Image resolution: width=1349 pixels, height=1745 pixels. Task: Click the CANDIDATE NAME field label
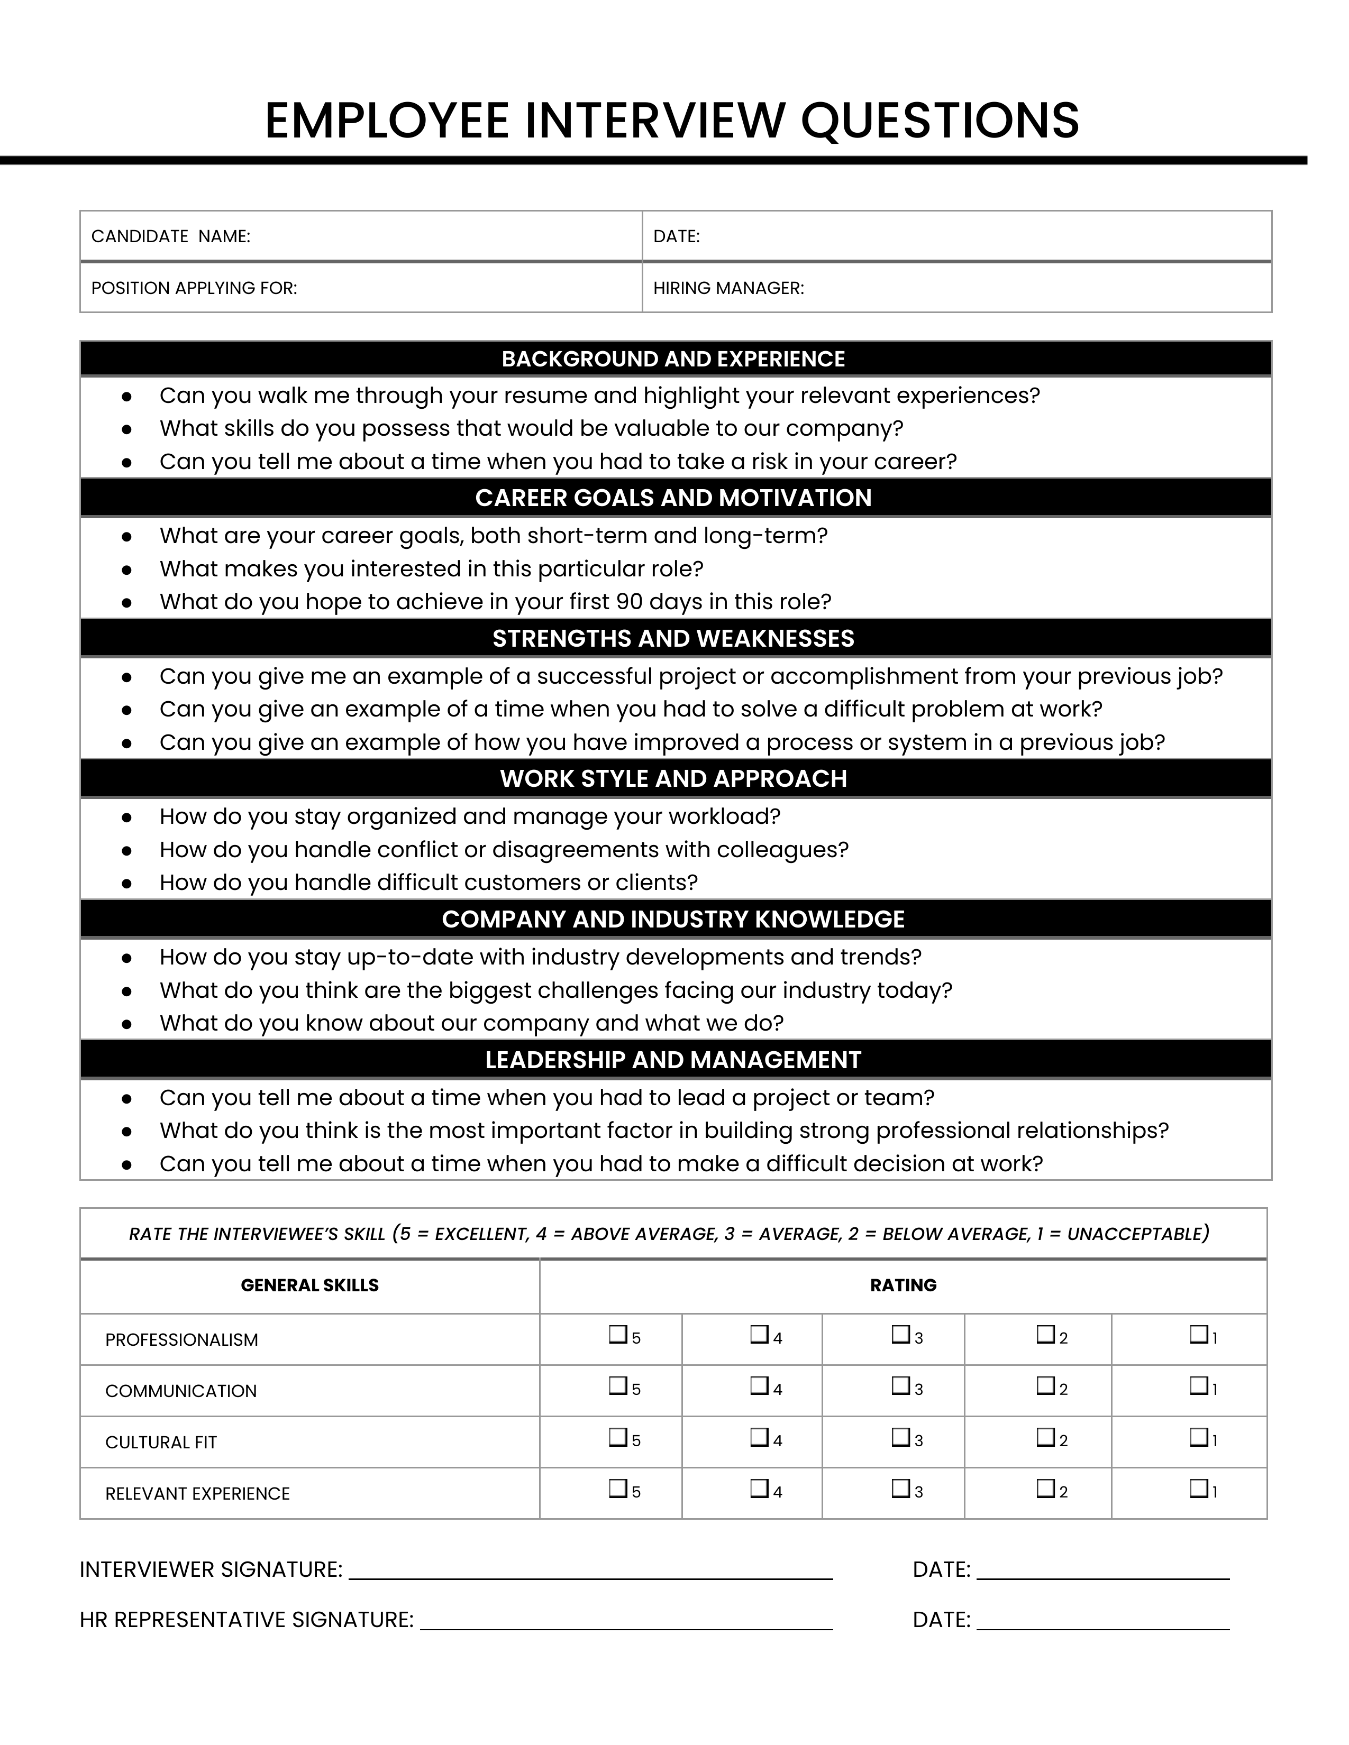coord(170,236)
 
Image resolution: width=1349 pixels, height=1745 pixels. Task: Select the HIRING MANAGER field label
coord(728,288)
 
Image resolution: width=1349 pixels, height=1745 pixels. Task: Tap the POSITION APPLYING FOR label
coord(194,288)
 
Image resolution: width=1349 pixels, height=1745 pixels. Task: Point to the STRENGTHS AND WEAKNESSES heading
coord(673,638)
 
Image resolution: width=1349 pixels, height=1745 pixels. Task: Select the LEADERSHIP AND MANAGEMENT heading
coord(673,1060)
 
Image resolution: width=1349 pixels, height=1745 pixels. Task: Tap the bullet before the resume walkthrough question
coord(126,396)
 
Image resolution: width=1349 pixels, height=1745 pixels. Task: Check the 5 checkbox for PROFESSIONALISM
coord(617,1334)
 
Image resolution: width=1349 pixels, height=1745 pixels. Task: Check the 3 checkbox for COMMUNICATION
coord(901,1385)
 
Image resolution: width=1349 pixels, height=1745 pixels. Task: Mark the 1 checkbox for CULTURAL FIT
coord(1198,1437)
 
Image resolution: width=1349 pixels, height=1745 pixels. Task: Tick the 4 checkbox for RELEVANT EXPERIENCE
coord(759,1489)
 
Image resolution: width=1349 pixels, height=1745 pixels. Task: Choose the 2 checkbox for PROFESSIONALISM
coord(1045,1334)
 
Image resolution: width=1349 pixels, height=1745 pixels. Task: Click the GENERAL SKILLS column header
coord(309,1285)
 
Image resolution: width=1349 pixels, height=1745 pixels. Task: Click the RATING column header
coord(903,1285)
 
